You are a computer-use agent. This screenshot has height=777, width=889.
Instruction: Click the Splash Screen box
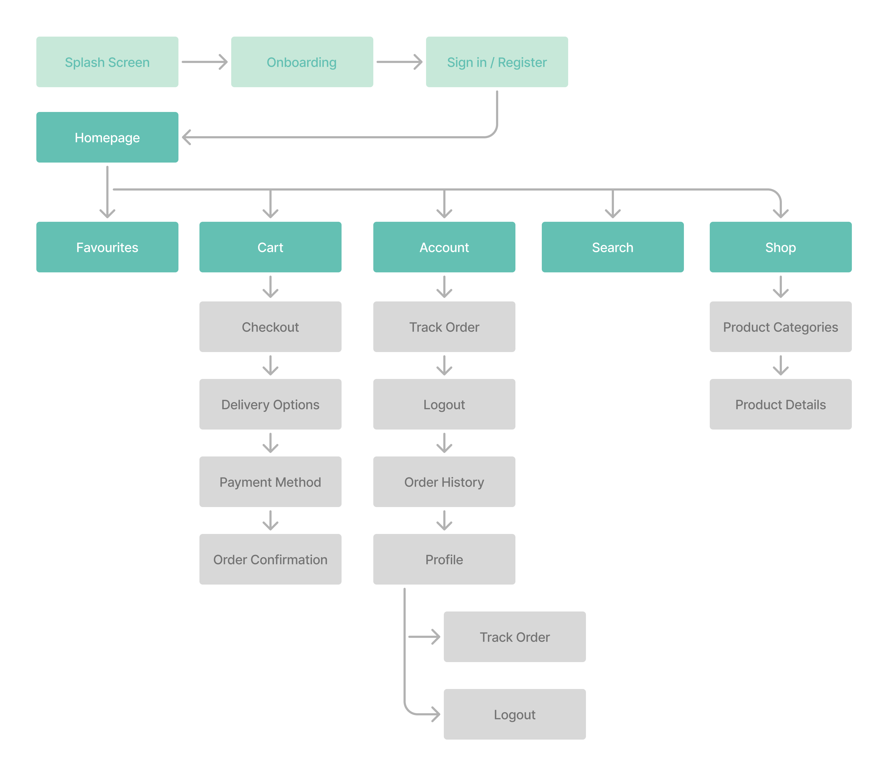pos(107,62)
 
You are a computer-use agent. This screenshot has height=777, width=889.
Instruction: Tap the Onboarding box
pos(302,62)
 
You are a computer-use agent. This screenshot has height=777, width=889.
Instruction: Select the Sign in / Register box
pos(497,62)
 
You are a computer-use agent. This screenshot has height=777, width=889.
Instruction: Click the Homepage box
pos(107,138)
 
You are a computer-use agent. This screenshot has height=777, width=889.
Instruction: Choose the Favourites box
pos(107,247)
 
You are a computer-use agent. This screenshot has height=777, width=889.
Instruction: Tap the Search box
pos(612,247)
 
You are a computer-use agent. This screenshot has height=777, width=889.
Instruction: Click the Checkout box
pos(270,327)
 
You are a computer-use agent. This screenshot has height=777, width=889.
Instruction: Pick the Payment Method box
pos(270,482)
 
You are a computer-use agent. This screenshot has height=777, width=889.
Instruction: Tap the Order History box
pos(444,482)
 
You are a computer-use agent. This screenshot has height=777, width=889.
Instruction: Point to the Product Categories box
pos(780,327)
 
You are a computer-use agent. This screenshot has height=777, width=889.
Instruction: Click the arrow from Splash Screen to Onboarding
pos(205,62)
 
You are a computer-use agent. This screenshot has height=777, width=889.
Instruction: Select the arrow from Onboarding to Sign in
pos(399,62)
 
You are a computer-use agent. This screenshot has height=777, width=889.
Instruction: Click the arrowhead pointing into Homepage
pos(187,138)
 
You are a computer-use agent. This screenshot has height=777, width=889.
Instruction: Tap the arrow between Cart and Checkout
pos(270,287)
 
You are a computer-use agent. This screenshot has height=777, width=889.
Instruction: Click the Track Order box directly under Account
pos(444,327)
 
